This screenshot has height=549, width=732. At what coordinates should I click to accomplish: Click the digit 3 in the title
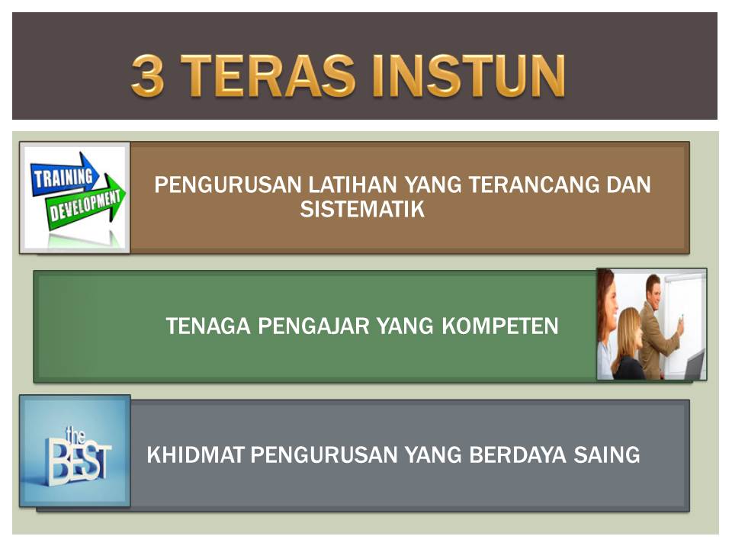point(148,75)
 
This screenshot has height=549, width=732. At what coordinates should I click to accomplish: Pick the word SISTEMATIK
point(362,209)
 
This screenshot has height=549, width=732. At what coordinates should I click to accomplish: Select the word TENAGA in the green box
point(208,326)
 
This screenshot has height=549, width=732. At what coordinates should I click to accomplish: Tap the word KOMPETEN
point(500,326)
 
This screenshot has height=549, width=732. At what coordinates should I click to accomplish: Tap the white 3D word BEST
point(79,462)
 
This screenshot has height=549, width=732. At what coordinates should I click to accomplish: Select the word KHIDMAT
point(196,454)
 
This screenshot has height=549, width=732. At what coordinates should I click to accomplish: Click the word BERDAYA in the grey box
point(518,454)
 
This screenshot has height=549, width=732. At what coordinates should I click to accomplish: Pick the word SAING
point(607,454)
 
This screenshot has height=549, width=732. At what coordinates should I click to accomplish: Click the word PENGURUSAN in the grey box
point(324,454)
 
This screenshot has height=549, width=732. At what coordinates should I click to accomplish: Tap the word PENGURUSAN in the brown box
point(228,185)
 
